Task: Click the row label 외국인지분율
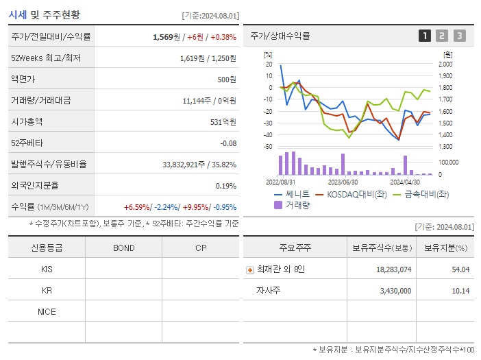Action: click(35, 186)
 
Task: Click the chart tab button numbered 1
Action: click(425, 36)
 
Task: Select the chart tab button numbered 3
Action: click(459, 36)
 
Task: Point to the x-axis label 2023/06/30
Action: click(343, 182)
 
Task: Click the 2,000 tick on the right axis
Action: click(445, 64)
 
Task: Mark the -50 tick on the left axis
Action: click(268, 147)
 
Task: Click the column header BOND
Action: click(123, 248)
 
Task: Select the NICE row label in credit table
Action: click(47, 312)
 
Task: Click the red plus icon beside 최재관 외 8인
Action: click(249, 269)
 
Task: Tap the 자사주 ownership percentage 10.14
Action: click(460, 291)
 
